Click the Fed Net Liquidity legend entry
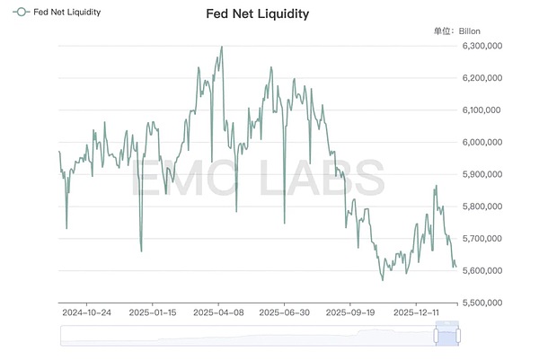[56, 13]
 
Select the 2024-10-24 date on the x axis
[86, 313]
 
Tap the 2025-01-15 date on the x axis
[154, 313]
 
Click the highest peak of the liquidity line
[222, 47]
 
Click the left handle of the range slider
[437, 335]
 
